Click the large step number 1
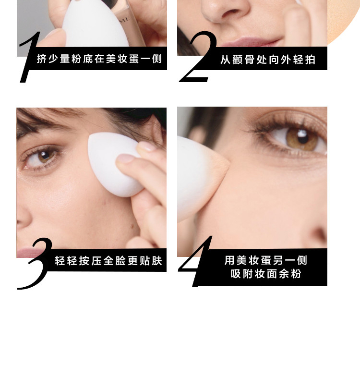click(28, 58)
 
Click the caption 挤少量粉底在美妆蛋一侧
click(99, 59)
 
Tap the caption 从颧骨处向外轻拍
click(268, 59)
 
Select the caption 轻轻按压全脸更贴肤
click(108, 261)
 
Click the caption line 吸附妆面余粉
click(266, 274)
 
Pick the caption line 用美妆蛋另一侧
click(266, 260)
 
